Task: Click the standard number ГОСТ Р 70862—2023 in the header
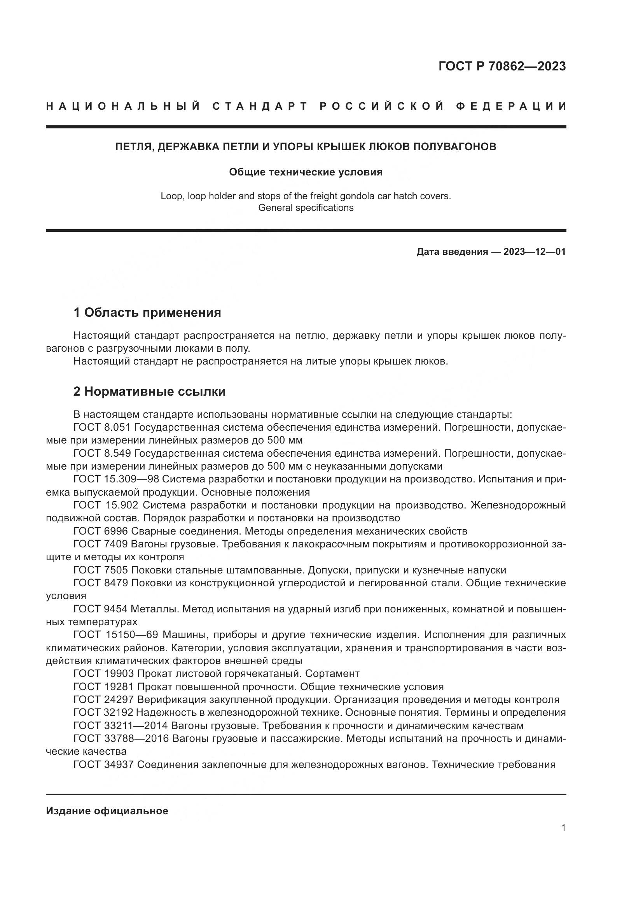(x=502, y=66)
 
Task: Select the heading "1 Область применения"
(x=147, y=312)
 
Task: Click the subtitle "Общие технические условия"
(x=306, y=172)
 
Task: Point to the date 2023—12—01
(x=535, y=252)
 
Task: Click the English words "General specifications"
(x=306, y=208)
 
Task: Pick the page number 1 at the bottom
(x=563, y=828)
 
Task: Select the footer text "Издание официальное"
(x=107, y=811)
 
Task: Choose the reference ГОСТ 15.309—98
(x=116, y=479)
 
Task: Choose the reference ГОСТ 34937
(x=103, y=764)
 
